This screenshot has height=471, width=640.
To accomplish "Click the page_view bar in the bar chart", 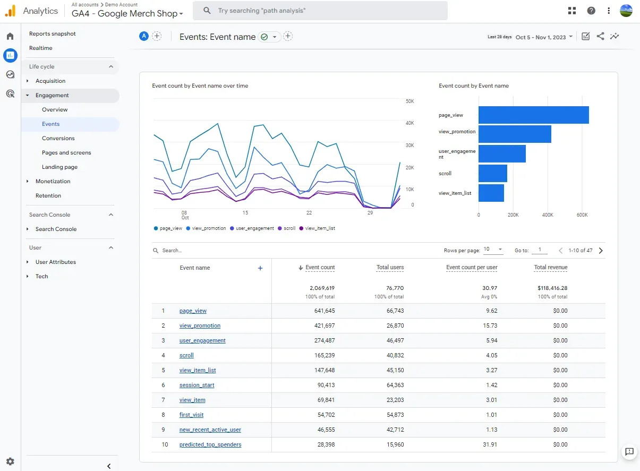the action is (x=533, y=115).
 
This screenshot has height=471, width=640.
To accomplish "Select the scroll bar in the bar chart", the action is (x=492, y=174).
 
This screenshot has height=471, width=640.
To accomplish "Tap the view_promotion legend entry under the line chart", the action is (x=206, y=228).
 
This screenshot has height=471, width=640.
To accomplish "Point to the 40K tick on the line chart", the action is (x=409, y=123).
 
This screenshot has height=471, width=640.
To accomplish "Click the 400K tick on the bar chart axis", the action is (x=548, y=215).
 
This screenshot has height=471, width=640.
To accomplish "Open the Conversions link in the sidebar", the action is (x=58, y=138).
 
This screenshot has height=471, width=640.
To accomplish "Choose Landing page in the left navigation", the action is (x=59, y=167).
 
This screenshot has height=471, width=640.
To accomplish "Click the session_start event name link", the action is (x=197, y=385).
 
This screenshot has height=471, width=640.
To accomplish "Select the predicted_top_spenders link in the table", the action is (x=210, y=444).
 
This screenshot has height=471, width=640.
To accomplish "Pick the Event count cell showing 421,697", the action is (x=325, y=326).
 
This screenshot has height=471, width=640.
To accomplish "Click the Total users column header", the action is (x=390, y=267).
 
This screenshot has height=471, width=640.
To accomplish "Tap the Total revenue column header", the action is (x=551, y=267).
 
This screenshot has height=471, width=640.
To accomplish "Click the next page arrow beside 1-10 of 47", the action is (x=601, y=251).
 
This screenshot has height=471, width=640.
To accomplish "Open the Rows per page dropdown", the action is (x=493, y=249).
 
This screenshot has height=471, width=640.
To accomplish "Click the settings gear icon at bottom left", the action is (x=10, y=461).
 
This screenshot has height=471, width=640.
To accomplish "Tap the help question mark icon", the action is (x=591, y=11).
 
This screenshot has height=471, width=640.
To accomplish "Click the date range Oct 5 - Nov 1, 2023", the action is (x=541, y=37).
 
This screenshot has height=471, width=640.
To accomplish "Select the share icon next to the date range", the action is (x=600, y=36).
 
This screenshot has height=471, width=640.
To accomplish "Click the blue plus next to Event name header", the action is (x=260, y=268).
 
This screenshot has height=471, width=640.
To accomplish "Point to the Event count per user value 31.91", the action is (x=490, y=444).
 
